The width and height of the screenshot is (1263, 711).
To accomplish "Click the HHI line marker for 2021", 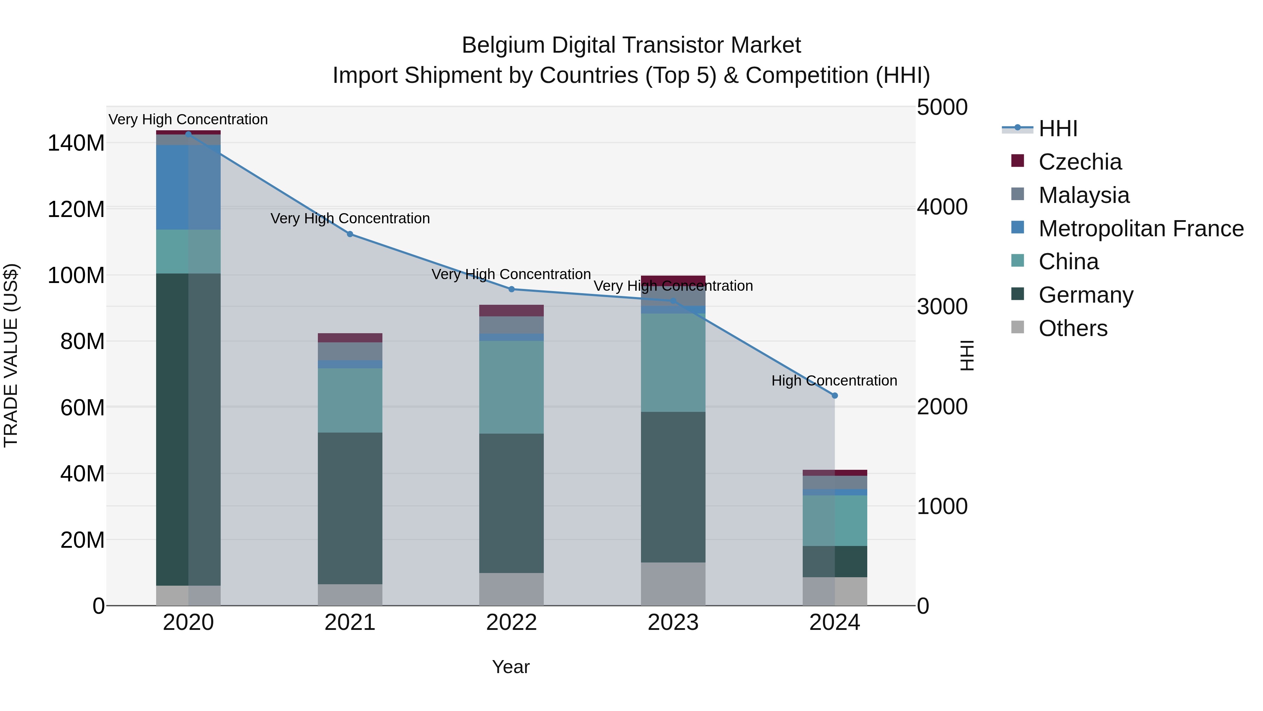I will point(349,234).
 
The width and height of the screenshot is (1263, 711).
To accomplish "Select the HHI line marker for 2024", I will point(835,395).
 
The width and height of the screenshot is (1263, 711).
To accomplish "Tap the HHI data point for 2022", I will point(512,289).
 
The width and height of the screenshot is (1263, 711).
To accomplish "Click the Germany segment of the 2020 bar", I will point(188,429).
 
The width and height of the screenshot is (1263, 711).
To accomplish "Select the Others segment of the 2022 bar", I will point(512,589).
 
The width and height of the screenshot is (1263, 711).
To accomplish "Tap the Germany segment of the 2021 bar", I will point(349,508).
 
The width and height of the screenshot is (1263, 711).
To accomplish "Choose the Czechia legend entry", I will point(1079,162).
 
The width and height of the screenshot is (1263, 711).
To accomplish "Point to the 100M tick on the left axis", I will point(76,275).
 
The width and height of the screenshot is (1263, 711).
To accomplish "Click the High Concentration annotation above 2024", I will point(834,381).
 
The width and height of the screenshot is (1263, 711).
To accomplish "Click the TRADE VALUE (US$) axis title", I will point(11,355).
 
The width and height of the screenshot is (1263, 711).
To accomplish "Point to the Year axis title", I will point(510,667).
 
